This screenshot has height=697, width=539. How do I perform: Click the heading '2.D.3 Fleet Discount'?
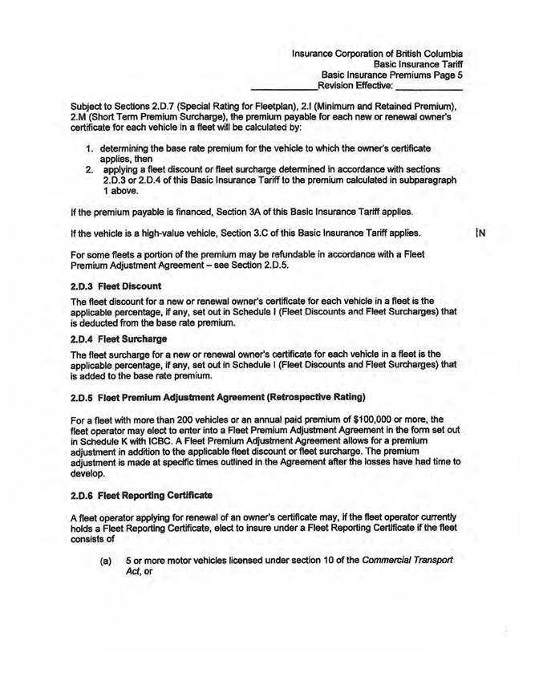tap(117, 286)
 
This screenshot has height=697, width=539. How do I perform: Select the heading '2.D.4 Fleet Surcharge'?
tap(120, 340)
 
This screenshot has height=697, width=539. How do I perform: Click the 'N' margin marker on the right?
tap(481, 234)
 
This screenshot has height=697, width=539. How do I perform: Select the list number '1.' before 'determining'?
tap(91, 150)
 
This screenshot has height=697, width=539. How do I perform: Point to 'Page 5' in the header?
tap(448, 71)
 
